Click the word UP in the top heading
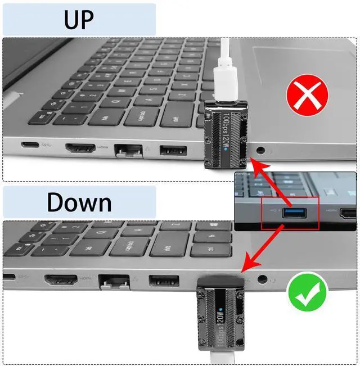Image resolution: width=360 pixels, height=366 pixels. [x=79, y=20]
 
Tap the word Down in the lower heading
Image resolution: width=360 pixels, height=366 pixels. [x=79, y=202]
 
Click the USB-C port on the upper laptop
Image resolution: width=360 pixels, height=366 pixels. [x=30, y=144]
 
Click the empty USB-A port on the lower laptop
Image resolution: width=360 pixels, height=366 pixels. [x=164, y=281]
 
